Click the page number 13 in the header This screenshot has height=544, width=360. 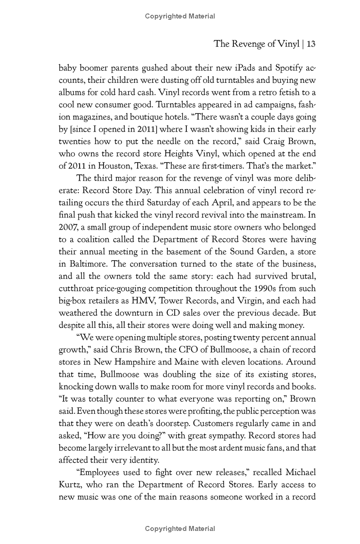[x=310, y=44]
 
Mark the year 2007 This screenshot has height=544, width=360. [x=69, y=227]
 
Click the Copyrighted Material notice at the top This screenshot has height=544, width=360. [x=180, y=16]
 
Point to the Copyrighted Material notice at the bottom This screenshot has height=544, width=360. [x=180, y=529]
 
